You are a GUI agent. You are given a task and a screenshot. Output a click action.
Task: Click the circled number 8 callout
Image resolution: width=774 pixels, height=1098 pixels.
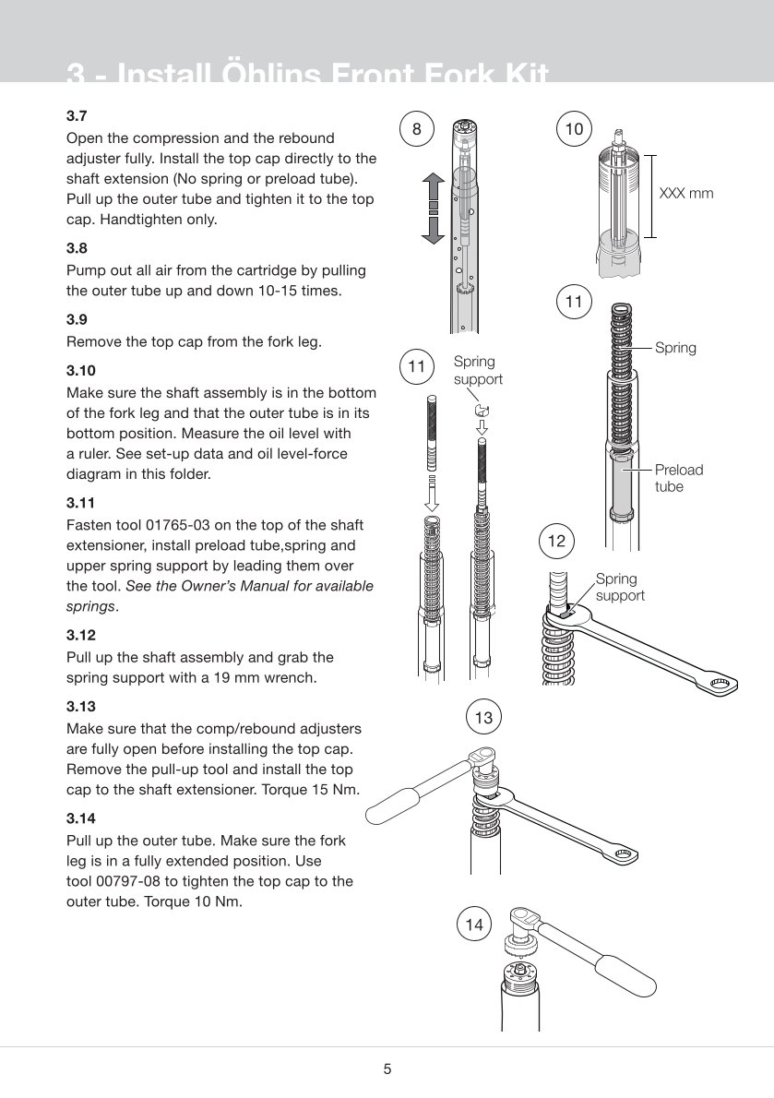coord(417,130)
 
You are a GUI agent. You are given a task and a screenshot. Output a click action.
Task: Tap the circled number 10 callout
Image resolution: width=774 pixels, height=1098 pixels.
coord(574,130)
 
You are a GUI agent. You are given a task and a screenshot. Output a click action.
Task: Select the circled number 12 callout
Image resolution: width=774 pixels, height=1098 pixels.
coord(556,542)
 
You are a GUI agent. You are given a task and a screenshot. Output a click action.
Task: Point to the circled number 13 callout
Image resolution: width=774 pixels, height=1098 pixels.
coord(483,717)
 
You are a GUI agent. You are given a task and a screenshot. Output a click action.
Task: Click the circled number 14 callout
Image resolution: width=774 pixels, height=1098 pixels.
coord(474,924)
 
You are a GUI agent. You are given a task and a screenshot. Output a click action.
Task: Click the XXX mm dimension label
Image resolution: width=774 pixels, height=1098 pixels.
coord(686,195)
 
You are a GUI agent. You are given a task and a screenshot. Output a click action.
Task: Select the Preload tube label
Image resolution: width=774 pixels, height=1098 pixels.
coord(678,478)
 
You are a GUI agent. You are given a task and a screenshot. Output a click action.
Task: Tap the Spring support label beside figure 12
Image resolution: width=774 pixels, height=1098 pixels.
coord(619,587)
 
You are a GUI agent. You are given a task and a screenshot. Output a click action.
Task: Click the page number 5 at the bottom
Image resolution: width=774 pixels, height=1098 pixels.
coord(387,1069)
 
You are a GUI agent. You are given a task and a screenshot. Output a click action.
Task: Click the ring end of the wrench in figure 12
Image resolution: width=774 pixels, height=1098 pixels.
coord(719,684)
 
